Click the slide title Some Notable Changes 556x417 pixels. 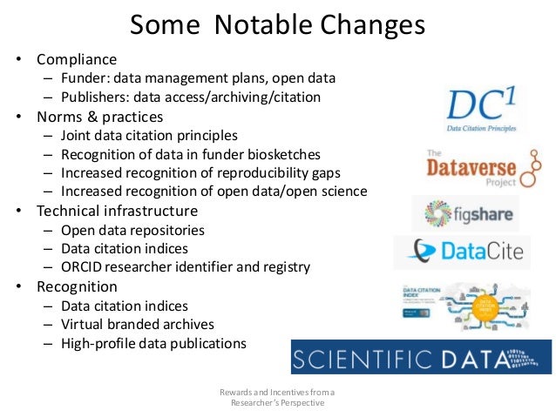coord(277,24)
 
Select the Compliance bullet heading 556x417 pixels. coord(77,60)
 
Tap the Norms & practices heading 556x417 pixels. coord(99,117)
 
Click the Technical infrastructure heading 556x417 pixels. coord(117,211)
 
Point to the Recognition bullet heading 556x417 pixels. coord(77,286)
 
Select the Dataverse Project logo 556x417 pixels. coord(471,168)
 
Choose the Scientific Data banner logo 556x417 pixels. coord(421,357)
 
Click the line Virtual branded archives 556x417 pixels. coord(137,324)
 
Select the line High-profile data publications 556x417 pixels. coord(153,343)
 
